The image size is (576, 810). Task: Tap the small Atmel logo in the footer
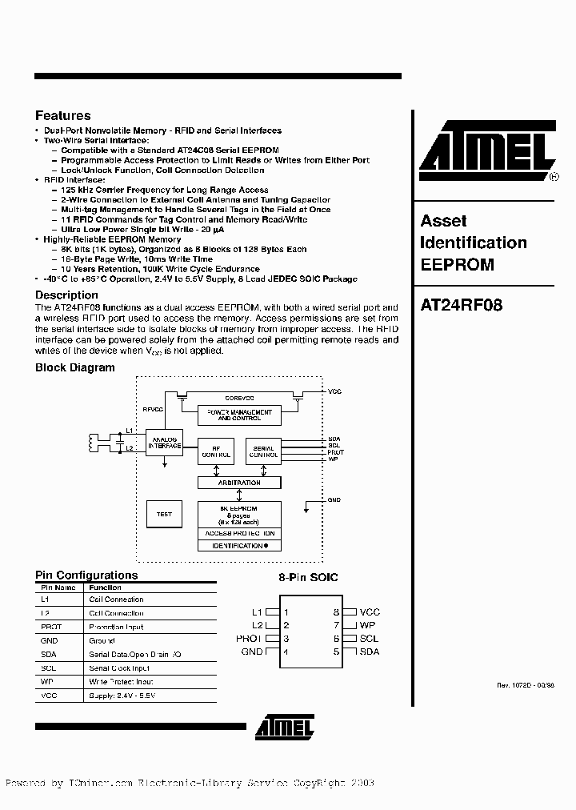[x=285, y=726]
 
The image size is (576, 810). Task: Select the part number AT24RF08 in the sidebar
[x=462, y=305]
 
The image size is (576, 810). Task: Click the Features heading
[x=63, y=116]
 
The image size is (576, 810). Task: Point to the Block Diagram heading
[x=74, y=367]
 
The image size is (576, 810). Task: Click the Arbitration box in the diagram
[x=239, y=483]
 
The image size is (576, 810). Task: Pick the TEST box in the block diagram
[x=164, y=515]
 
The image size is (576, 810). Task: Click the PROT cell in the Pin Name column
[x=50, y=627]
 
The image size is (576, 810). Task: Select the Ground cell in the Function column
[x=102, y=640]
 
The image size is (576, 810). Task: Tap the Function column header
[x=106, y=586]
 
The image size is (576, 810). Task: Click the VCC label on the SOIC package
[x=370, y=612]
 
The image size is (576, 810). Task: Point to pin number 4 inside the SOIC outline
[x=286, y=652]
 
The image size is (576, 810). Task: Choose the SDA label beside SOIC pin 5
[x=370, y=652]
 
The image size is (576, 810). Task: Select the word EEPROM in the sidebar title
[x=457, y=264]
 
